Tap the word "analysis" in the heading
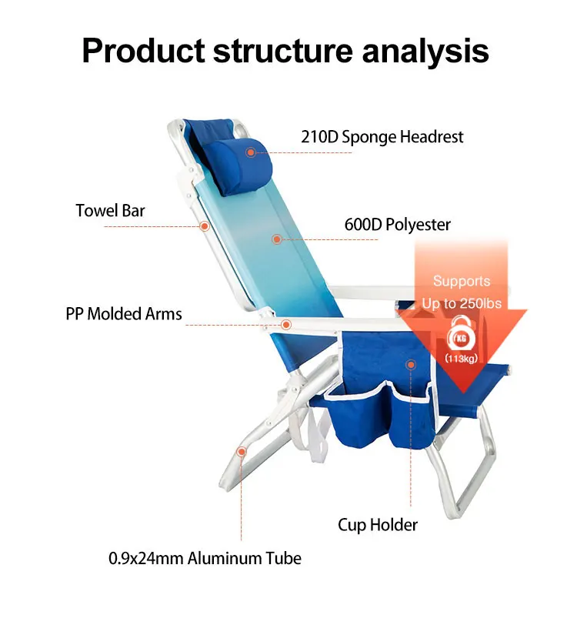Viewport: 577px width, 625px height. coord(427,51)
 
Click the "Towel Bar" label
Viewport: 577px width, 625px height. coord(110,210)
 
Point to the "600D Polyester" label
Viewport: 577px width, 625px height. coord(397,225)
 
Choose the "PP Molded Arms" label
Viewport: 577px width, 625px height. coord(124,313)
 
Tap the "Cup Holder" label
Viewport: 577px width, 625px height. coord(378,525)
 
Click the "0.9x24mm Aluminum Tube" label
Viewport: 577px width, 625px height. coord(205,558)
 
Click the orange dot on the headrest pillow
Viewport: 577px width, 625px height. coord(250,152)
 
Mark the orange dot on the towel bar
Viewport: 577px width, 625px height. coord(205,226)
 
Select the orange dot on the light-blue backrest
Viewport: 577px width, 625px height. coord(276,239)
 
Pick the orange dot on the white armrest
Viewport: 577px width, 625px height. coord(286,325)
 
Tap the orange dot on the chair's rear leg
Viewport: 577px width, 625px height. coord(241,452)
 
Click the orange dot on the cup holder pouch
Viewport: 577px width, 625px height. coord(411,363)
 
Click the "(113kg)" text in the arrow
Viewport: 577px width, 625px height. coord(461,359)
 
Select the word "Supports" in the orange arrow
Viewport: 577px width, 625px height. coord(461,281)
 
